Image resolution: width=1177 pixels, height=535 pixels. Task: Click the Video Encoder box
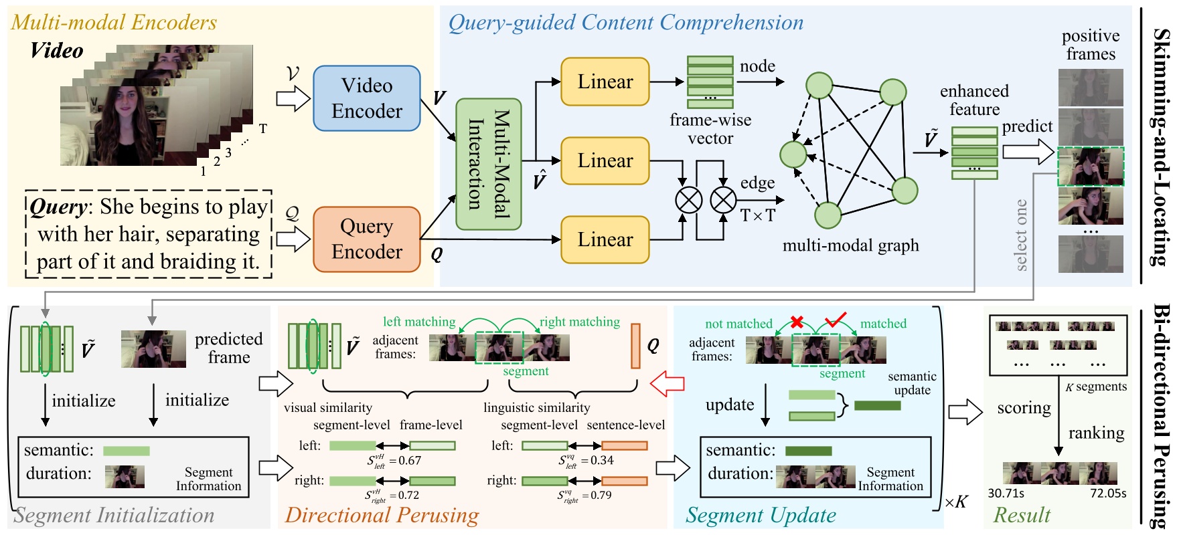366,98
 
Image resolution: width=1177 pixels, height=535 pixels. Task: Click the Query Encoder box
366,239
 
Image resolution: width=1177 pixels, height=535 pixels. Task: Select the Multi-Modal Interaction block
488,165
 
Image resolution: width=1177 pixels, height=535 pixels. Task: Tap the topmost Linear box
605,82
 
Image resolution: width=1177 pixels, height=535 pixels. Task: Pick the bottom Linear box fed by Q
605,239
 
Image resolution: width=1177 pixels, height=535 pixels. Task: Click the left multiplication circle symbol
688,200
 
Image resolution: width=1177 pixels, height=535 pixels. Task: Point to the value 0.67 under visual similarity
409,461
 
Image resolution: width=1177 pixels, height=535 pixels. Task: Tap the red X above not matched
797,322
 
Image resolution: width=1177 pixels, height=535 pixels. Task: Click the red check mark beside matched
835,320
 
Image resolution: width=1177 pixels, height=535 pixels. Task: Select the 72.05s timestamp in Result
1108,494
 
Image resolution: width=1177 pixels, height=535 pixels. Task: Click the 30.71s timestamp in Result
1006,494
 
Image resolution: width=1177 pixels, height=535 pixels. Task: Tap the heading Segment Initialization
114,516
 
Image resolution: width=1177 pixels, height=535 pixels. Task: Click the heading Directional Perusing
382,516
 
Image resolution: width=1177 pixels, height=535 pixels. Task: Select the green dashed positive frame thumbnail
1090,167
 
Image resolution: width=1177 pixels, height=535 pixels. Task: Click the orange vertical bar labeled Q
635,346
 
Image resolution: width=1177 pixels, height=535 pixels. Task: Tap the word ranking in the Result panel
1096,433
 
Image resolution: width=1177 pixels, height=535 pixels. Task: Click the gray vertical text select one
1021,235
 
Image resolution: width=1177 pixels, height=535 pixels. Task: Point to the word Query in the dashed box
58,207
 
